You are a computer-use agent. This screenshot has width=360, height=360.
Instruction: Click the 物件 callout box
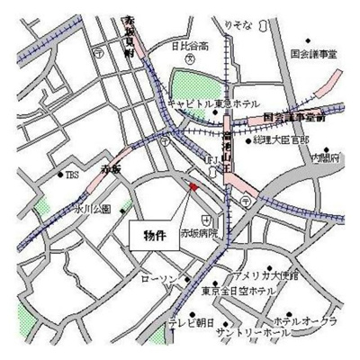[155, 236]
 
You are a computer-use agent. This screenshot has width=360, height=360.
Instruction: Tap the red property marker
[192, 187]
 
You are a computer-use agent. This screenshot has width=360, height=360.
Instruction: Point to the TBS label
[71, 175]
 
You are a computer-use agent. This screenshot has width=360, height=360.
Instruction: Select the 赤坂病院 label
[200, 233]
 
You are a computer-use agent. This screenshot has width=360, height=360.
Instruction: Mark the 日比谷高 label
[191, 45]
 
